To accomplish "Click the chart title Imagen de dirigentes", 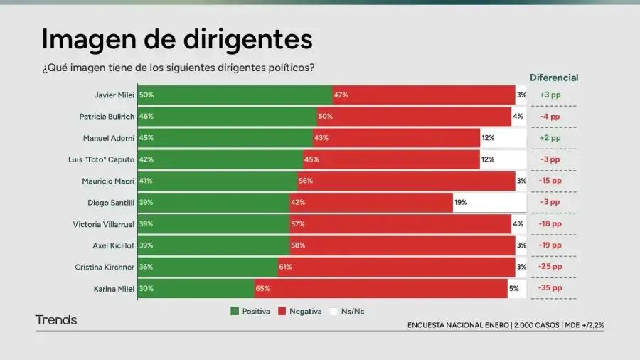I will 176,39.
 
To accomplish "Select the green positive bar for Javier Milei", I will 235,95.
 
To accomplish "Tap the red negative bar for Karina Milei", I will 380,288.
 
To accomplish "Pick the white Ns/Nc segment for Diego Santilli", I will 489,203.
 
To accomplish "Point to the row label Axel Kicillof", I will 114,245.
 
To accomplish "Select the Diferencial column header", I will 554,78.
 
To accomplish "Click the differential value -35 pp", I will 550,288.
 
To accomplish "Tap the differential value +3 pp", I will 550,95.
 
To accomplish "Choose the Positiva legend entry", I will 250,311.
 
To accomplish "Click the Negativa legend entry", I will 300,311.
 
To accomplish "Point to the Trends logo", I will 56,320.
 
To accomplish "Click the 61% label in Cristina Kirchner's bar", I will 285,267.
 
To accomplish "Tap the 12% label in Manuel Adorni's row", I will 488,138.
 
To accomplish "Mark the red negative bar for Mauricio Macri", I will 405,181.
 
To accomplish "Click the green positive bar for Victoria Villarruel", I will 213,224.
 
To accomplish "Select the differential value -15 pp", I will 550,181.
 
